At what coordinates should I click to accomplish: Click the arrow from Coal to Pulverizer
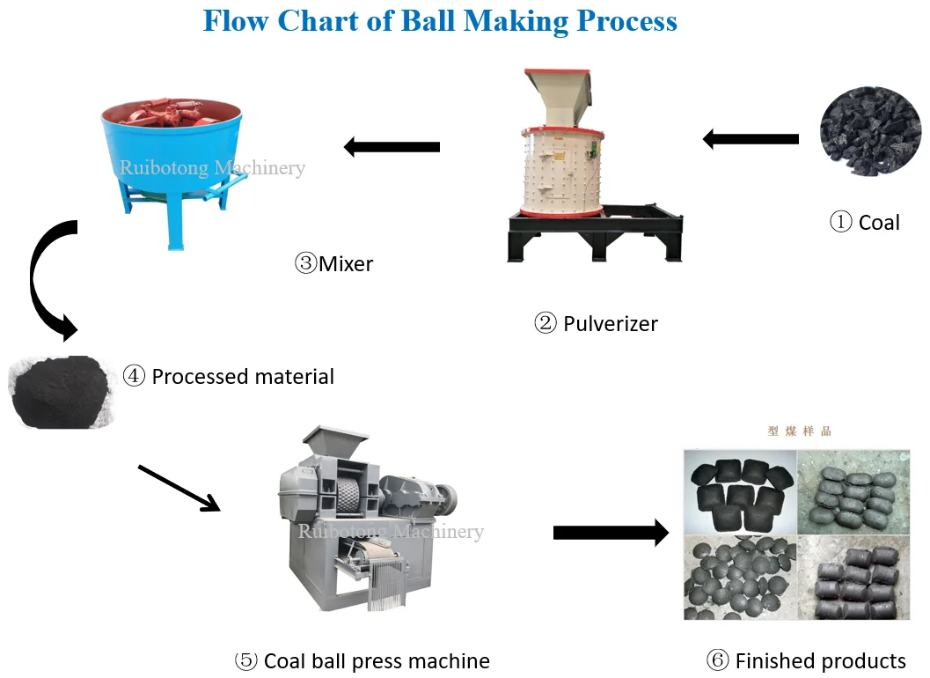pos(750,139)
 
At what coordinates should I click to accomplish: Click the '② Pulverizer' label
pos(596,324)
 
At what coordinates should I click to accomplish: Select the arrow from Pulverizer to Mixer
pos(392,147)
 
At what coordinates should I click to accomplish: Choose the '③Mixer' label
pos(333,262)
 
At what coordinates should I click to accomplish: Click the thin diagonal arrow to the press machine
pos(179,488)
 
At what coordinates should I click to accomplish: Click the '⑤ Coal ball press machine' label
pos(362,660)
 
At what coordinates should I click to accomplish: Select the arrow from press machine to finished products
pos(611,532)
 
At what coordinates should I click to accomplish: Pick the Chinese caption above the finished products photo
pos(799,431)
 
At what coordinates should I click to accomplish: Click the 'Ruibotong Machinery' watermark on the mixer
pos(212,167)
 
